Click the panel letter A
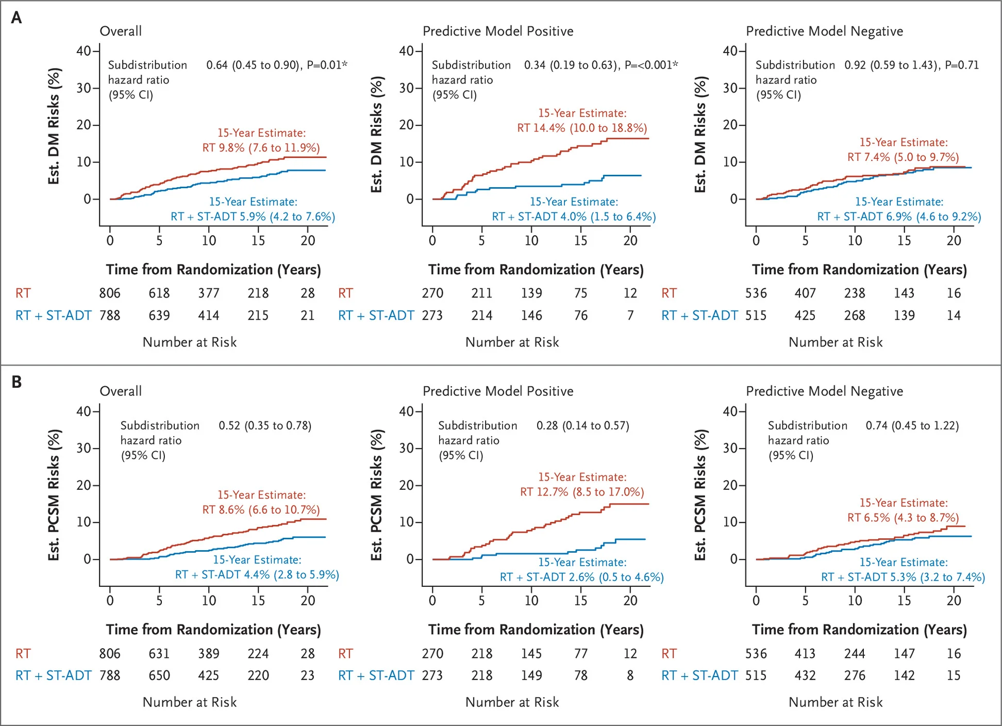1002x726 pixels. point(16,18)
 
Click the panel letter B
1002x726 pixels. point(16,382)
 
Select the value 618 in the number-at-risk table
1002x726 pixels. point(159,293)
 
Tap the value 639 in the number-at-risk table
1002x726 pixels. point(159,316)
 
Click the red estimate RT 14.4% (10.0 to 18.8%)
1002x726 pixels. point(582,128)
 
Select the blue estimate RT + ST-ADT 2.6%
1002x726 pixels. point(581,577)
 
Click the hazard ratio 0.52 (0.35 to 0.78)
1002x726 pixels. point(265,426)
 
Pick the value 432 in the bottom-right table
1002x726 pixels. point(805,675)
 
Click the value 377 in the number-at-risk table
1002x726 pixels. point(208,293)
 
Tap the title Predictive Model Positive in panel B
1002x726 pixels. point(498,391)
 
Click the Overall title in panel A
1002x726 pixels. point(120,31)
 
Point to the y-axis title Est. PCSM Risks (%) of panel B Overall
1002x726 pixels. point(54,495)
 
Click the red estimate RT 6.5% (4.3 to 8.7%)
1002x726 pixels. point(903,518)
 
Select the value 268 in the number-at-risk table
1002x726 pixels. point(854,316)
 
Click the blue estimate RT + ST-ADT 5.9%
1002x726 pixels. point(253,217)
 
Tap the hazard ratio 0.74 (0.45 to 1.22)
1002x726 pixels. point(912,426)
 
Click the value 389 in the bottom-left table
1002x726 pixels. point(208,654)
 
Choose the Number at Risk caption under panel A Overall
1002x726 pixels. point(189,342)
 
